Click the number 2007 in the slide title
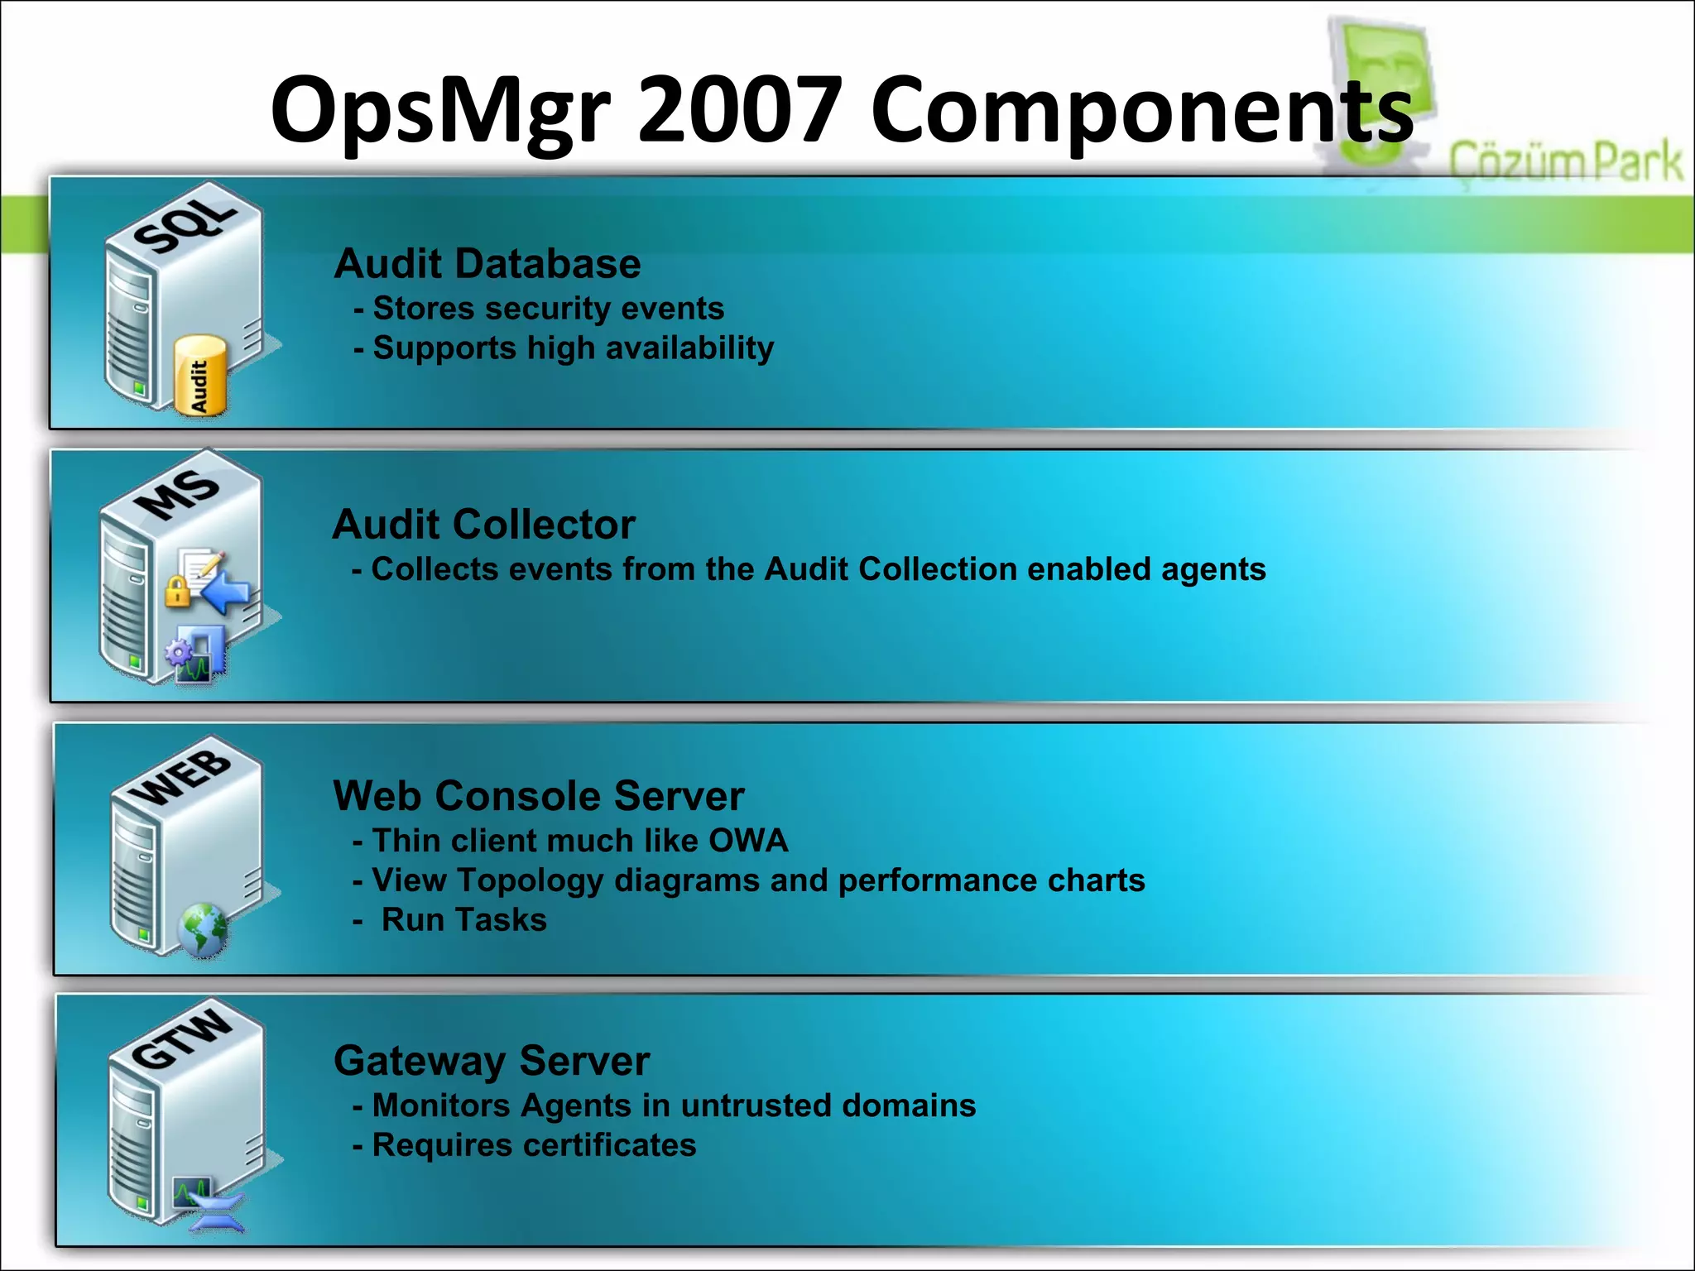pos(740,110)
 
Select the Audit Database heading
pos(487,264)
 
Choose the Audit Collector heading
pos(484,525)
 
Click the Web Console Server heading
pos(539,796)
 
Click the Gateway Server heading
pos(492,1061)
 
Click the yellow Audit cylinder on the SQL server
pos(199,377)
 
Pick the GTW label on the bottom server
pos(181,1038)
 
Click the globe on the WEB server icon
pos(202,930)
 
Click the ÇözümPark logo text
pos(1565,162)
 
